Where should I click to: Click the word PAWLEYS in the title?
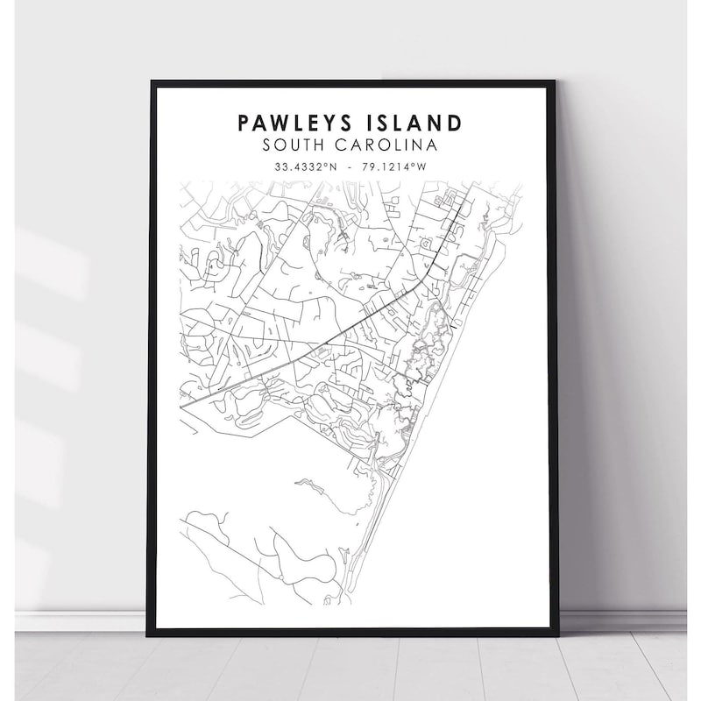pyautogui.click(x=287, y=122)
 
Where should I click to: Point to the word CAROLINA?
pyautogui.click(x=390, y=144)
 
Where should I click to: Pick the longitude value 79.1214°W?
pyautogui.click(x=400, y=166)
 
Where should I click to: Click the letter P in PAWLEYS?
pyautogui.click(x=243, y=122)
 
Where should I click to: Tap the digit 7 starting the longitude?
pyautogui.click(x=369, y=166)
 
